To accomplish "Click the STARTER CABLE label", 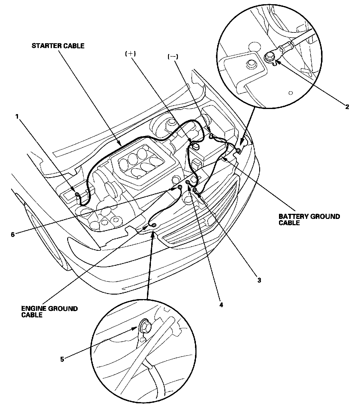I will tap(58, 46).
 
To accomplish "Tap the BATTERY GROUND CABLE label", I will tap(309, 220).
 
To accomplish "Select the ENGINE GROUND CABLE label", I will tap(49, 311).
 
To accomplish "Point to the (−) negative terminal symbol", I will tap(172, 56).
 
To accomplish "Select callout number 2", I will tap(347, 107).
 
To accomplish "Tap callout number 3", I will tap(259, 280).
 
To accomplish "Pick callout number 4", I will tap(221, 304).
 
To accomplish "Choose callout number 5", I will tap(62, 359).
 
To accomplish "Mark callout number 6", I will tap(13, 234).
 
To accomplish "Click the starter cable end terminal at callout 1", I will tap(77, 194).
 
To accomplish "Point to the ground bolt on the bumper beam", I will tap(153, 225).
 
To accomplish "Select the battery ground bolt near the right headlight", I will tap(238, 150).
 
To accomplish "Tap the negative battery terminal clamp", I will tap(211, 137).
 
